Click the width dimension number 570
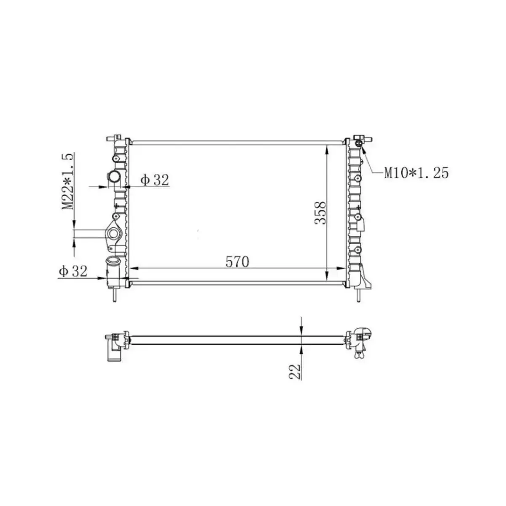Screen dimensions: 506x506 (x=237, y=261)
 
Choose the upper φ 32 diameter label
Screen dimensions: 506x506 (x=155, y=180)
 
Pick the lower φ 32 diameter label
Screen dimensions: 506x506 (x=73, y=271)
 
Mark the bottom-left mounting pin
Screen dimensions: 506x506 (x=114, y=295)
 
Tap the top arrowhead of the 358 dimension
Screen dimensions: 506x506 (x=328, y=148)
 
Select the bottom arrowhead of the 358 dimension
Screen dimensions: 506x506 (x=328, y=276)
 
